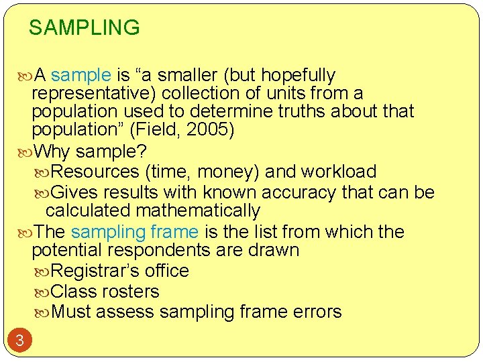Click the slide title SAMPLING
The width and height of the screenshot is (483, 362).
(x=85, y=28)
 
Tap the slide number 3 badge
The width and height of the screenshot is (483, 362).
(x=19, y=341)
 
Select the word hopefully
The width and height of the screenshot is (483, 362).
(x=298, y=75)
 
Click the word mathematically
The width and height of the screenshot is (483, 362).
(x=197, y=210)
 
